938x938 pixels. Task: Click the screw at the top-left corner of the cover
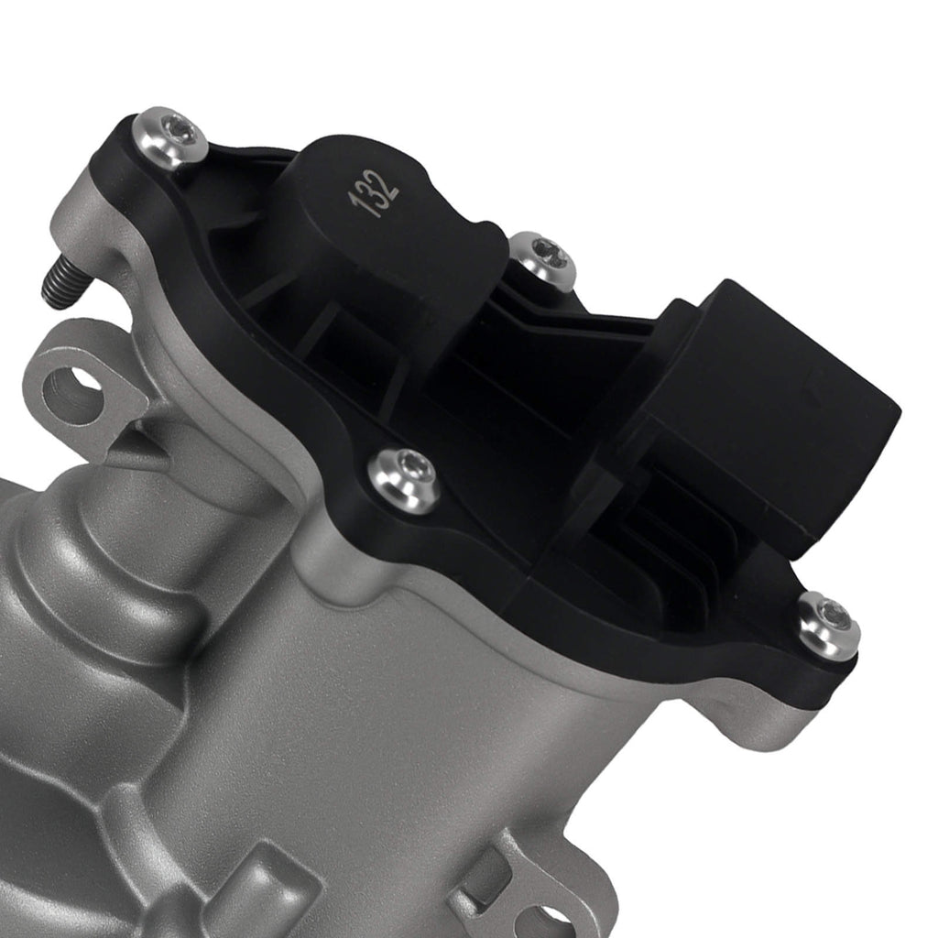pos(170,137)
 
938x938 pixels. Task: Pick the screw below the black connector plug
pos(828,626)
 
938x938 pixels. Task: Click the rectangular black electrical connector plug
pos(779,412)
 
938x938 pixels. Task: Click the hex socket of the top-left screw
pos(176,134)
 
